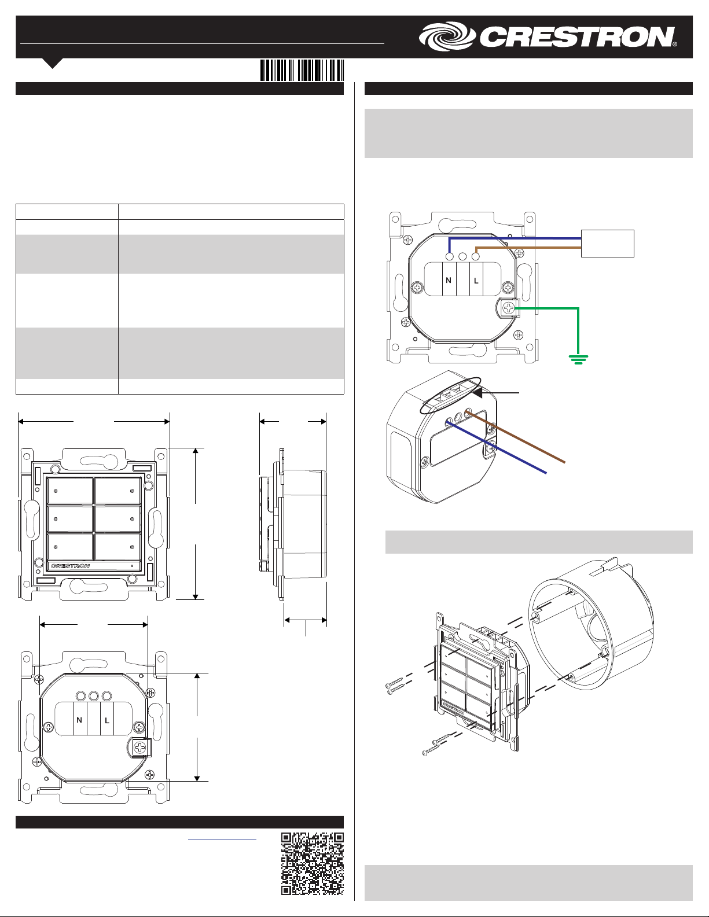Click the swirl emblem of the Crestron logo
(448, 36)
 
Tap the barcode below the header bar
(302, 70)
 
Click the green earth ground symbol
(578, 359)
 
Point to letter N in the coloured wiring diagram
(449, 280)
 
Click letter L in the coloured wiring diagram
(476, 281)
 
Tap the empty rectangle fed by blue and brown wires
(607, 244)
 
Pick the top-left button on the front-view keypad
(69, 491)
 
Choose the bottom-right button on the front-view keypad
(117, 547)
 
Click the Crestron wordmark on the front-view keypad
(70, 566)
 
